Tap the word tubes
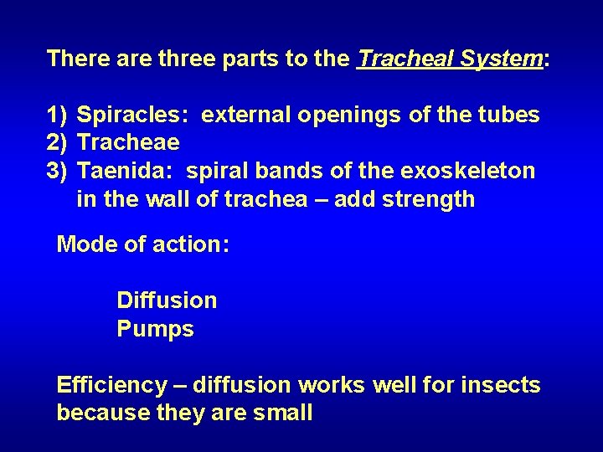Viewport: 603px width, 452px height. click(509, 114)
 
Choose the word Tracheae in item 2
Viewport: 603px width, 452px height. click(128, 142)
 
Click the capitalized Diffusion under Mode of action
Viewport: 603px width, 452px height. click(167, 300)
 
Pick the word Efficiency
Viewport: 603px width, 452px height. click(111, 385)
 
